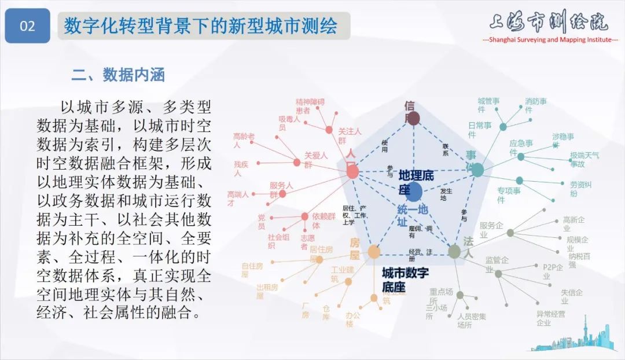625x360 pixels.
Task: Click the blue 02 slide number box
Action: click(x=27, y=26)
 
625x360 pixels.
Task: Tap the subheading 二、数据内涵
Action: click(x=118, y=75)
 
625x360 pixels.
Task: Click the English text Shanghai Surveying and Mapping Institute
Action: click(x=550, y=39)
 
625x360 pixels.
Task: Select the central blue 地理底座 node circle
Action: click(x=413, y=192)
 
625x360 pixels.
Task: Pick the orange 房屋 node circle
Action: click(x=374, y=252)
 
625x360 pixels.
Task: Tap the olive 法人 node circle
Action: click(x=454, y=251)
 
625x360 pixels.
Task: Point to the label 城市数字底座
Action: click(x=405, y=279)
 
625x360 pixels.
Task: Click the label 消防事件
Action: click(x=535, y=105)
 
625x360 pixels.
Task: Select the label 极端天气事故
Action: click(x=584, y=160)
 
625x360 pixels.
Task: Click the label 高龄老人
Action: click(x=244, y=141)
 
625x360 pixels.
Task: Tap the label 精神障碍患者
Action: click(x=310, y=106)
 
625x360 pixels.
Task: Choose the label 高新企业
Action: click(x=573, y=225)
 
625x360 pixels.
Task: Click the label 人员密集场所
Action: click(x=471, y=321)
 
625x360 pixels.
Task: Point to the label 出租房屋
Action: click(x=267, y=291)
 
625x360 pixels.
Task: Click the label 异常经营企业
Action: click(x=550, y=318)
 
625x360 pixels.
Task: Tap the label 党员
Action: click(x=262, y=222)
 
